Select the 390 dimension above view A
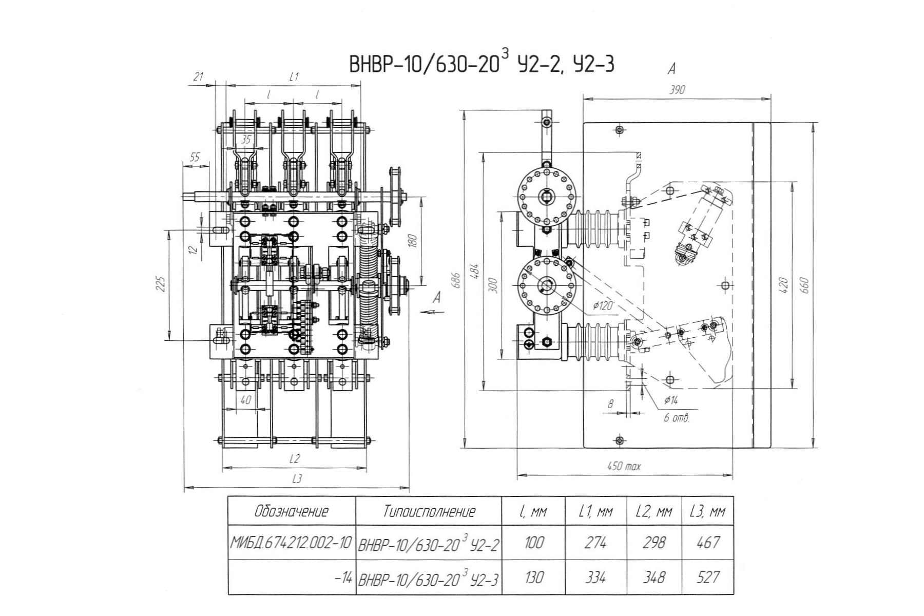[677, 90]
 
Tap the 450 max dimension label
[624, 466]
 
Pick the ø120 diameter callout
[603, 306]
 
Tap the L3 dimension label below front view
[297, 478]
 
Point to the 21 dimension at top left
[198, 77]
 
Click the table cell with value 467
[708, 543]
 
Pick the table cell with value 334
[595, 577]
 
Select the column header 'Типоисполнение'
[429, 511]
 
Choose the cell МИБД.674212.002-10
[291, 543]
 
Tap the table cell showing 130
[534, 577]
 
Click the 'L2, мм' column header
[654, 511]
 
